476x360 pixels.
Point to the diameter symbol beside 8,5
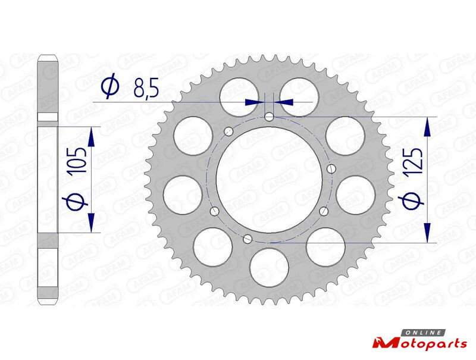[x=110, y=86]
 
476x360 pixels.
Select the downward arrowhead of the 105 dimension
[x=92, y=223]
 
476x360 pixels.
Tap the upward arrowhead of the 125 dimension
[x=428, y=127]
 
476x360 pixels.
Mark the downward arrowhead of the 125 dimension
[x=428, y=233]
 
